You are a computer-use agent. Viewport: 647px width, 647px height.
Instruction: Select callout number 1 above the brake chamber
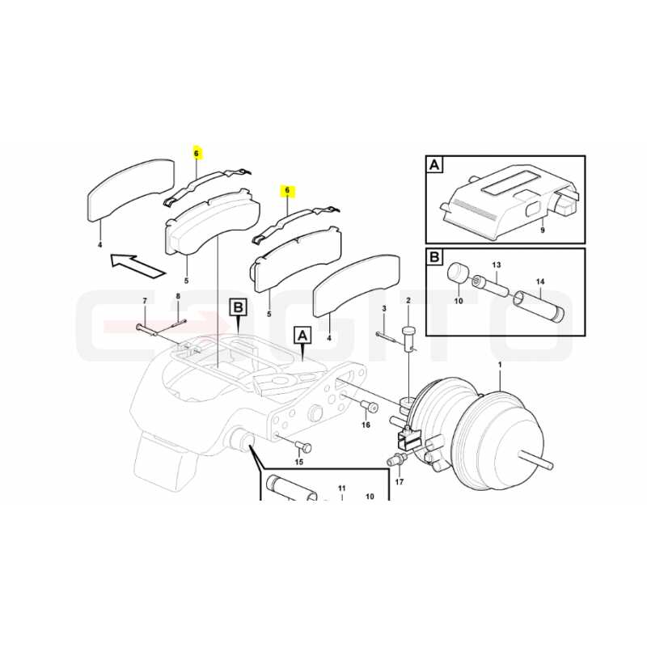500,365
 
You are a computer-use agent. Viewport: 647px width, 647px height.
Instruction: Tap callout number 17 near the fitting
400,481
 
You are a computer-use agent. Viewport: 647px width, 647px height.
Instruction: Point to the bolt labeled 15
303,446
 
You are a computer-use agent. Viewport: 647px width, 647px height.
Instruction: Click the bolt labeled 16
370,407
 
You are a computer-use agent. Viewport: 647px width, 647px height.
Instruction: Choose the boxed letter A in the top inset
434,165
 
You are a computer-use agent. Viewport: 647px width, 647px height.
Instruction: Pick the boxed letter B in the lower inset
434,257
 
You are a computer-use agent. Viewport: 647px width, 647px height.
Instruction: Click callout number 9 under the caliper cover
542,230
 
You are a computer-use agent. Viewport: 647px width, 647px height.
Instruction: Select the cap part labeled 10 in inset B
457,273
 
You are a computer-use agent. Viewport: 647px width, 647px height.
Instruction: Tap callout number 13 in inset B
497,264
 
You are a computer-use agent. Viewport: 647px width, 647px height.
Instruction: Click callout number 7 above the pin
145,301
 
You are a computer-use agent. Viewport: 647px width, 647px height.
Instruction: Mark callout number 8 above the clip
178,296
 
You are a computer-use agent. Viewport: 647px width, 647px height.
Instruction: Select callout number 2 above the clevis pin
408,300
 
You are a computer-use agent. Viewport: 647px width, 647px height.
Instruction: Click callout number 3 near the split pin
384,308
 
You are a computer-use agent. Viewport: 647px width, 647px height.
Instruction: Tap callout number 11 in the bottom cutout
341,488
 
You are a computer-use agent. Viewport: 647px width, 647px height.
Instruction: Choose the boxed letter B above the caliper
239,308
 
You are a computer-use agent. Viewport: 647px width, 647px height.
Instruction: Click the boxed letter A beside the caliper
302,336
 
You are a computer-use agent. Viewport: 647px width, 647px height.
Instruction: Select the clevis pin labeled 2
408,337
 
